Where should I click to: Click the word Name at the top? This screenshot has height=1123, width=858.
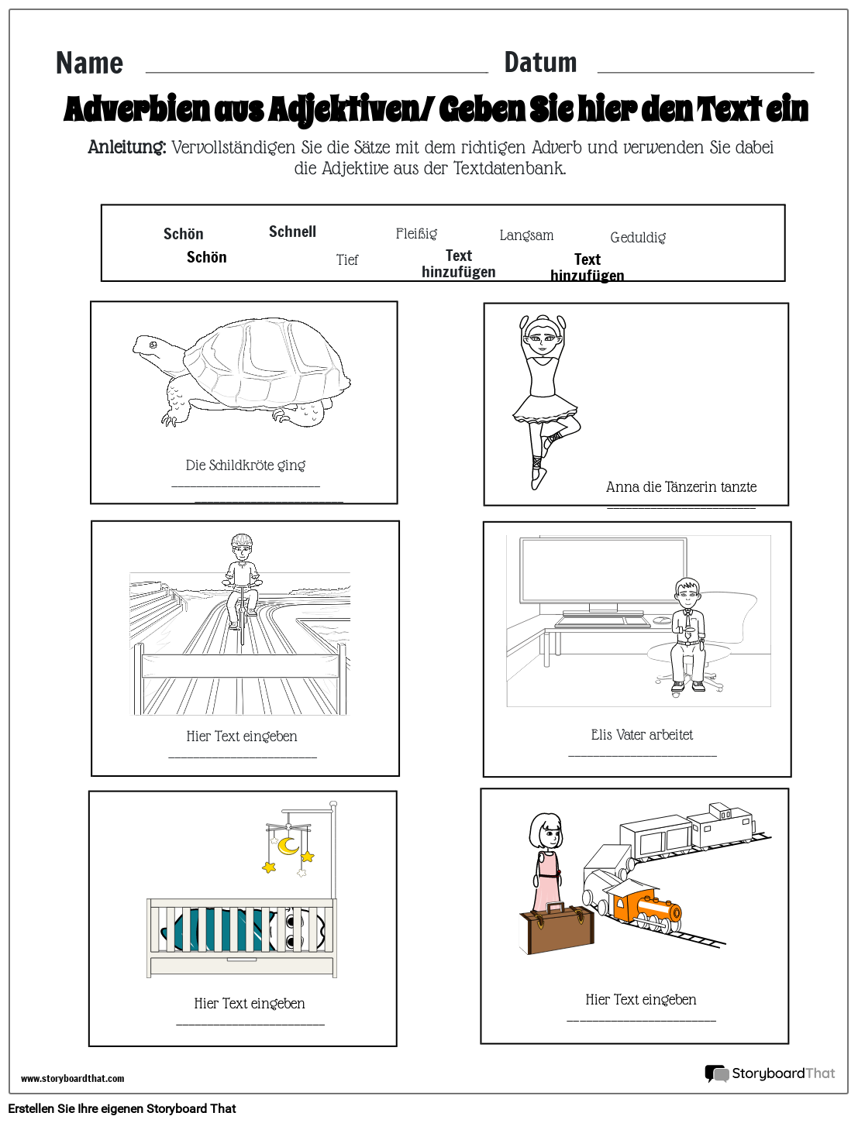tap(89, 64)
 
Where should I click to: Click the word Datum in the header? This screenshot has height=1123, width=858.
tap(540, 63)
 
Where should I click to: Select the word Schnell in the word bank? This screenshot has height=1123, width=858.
tap(292, 232)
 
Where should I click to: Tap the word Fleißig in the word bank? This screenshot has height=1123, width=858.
tap(416, 234)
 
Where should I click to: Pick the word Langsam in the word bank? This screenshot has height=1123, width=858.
tap(526, 235)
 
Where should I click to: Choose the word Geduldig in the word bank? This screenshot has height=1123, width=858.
tap(638, 238)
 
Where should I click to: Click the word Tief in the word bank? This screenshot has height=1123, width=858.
tap(347, 260)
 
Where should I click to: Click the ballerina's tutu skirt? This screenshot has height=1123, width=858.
tap(545, 408)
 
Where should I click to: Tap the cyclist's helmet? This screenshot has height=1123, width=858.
tap(242, 541)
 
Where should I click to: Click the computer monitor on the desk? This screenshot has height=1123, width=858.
tap(603, 572)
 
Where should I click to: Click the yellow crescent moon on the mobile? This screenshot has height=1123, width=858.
tap(288, 845)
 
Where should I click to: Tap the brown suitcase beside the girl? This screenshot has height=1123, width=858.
tap(556, 929)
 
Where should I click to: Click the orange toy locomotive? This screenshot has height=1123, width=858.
tap(645, 906)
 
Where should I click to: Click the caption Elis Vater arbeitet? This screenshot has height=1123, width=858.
tap(642, 735)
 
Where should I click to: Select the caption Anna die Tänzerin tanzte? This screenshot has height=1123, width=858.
tap(681, 487)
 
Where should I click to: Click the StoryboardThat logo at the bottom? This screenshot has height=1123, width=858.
tap(770, 1073)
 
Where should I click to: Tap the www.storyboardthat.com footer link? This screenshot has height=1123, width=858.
tap(72, 1078)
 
